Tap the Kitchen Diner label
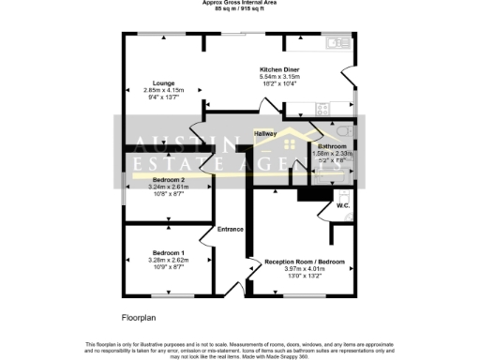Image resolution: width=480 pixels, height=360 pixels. (x=279, y=69)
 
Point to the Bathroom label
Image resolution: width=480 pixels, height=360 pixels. (x=332, y=147)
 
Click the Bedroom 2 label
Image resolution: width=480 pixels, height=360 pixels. (x=168, y=179)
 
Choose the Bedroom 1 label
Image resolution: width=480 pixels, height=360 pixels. (x=168, y=253)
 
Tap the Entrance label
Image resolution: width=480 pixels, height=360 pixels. (x=231, y=230)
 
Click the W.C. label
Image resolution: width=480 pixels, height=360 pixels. (x=343, y=206)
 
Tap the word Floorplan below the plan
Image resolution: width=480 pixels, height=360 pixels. (x=139, y=318)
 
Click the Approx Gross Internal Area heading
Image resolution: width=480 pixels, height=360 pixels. (x=239, y=3)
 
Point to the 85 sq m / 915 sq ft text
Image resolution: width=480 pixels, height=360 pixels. (x=239, y=9)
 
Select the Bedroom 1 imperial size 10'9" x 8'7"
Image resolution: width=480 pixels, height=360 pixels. (x=169, y=268)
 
